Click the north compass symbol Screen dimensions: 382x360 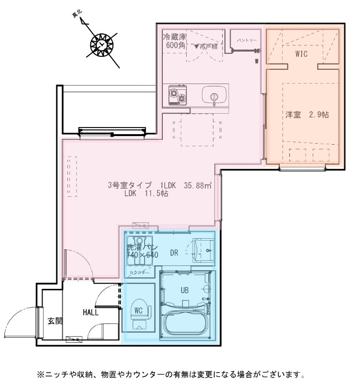(101, 44)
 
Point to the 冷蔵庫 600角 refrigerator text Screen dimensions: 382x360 (174, 41)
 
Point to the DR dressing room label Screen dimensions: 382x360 (174, 253)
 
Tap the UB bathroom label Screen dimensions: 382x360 (185, 290)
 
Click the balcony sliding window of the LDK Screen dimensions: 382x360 (112, 131)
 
